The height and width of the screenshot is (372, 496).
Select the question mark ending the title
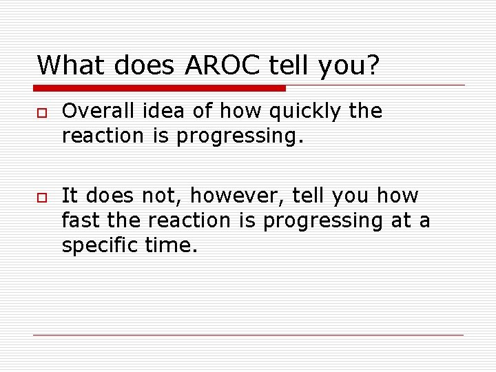tap(373, 65)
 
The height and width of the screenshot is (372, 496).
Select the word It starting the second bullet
tap(69, 196)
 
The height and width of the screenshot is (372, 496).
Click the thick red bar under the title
tap(159, 88)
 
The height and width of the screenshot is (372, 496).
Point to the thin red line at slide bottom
tap(249, 335)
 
